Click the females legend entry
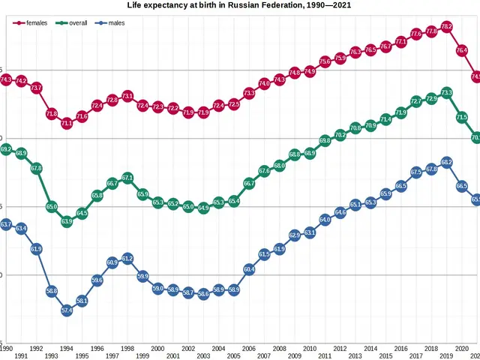(31, 23)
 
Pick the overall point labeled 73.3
(446, 93)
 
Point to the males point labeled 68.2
(446, 162)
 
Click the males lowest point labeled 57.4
(67, 310)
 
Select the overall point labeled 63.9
(67, 221)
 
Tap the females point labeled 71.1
(67, 123)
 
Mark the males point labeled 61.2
(127, 258)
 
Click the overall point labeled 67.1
(127, 178)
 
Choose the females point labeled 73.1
(127, 96)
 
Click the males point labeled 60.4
(249, 268)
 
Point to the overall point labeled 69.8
(325, 140)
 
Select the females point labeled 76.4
(461, 50)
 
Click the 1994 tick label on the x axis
(67, 349)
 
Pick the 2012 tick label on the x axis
(340, 349)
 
